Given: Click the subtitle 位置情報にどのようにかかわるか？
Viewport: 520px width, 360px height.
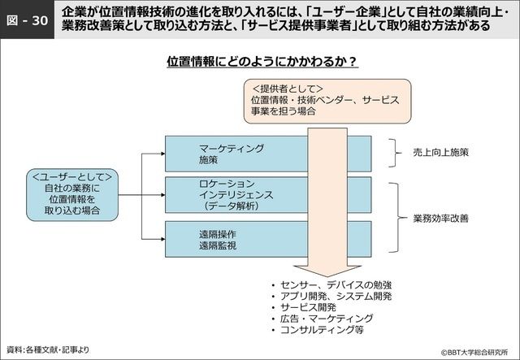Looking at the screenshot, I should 262,62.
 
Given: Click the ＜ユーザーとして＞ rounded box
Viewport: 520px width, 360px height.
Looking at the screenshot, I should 72,193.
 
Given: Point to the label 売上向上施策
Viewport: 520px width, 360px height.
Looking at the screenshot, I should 441,152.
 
